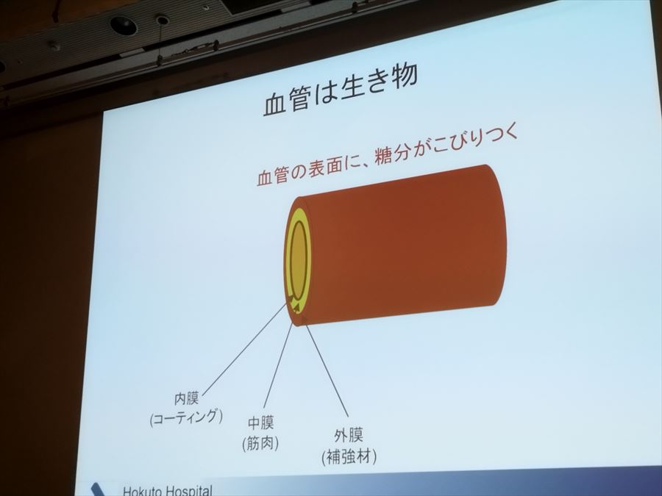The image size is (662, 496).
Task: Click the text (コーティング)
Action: [185, 417]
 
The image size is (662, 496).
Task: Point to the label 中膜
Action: [262, 424]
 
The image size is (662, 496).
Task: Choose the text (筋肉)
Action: [261, 442]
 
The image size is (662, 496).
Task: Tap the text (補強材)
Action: [349, 456]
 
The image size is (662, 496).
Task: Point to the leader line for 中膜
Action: [277, 367]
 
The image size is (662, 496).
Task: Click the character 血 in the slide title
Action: [275, 104]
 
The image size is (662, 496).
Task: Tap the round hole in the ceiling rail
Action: [123, 26]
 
